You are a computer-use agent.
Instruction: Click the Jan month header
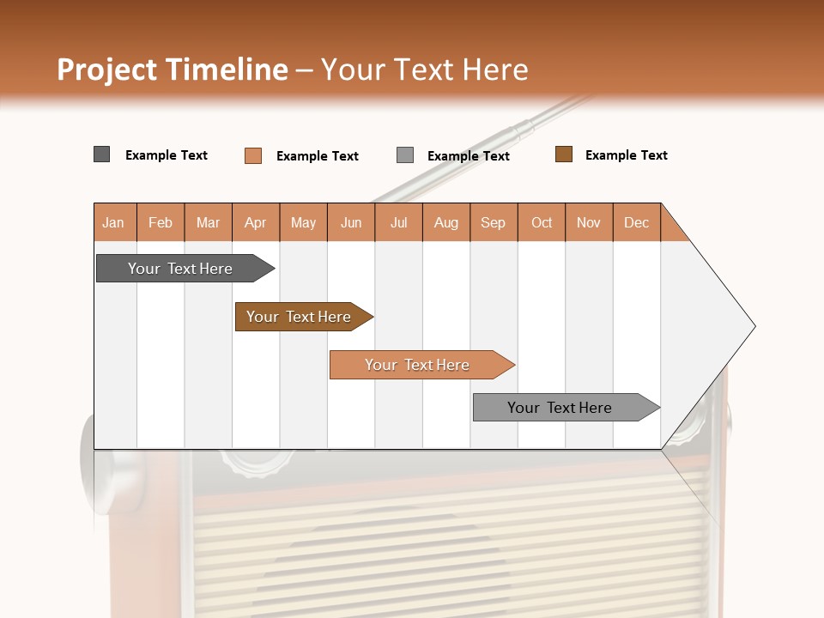(x=113, y=222)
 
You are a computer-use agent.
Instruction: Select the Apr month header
(x=255, y=222)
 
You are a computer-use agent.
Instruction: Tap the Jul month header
(x=398, y=222)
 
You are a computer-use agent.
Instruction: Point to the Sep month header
(x=493, y=222)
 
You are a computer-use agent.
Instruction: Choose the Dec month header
(x=636, y=222)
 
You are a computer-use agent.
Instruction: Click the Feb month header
(x=161, y=222)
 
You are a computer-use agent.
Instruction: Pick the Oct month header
(x=542, y=222)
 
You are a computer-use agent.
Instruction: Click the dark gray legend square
(x=101, y=154)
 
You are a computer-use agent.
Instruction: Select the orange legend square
(x=252, y=155)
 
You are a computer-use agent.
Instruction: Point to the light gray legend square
(x=404, y=155)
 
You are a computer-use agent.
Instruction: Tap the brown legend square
(x=563, y=154)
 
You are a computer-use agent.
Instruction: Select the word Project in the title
(x=107, y=70)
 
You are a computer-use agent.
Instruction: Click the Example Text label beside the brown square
(x=626, y=155)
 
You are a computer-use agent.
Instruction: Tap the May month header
(x=303, y=222)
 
